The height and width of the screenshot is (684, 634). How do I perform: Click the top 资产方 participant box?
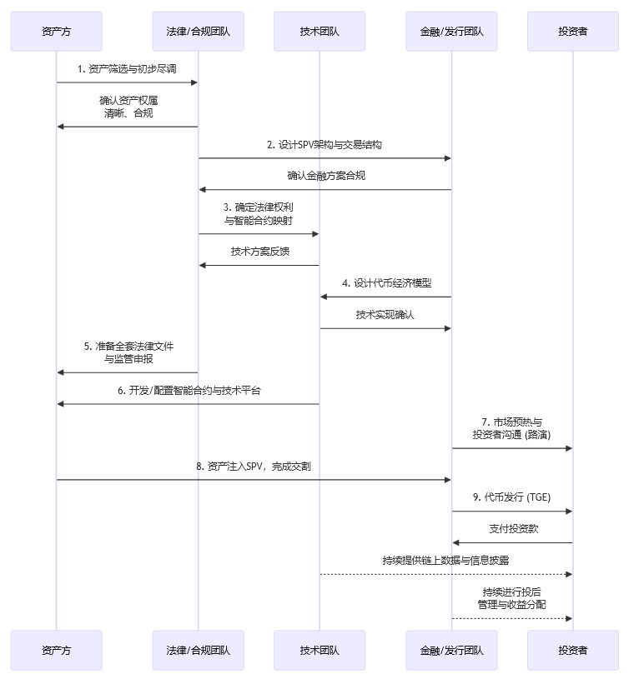(x=56, y=32)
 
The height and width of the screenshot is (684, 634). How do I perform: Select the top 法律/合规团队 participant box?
(x=198, y=32)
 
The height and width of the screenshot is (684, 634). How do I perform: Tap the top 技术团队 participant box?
(x=319, y=32)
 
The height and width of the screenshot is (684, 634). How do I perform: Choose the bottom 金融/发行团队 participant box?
(x=451, y=650)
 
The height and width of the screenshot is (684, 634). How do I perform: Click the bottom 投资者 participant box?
(x=572, y=650)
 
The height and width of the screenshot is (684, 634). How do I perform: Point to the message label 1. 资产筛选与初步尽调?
(x=127, y=69)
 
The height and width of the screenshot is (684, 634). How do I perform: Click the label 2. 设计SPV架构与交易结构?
(x=325, y=145)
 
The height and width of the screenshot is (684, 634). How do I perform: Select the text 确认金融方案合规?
(x=325, y=176)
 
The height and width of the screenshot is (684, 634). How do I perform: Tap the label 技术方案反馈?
(x=259, y=251)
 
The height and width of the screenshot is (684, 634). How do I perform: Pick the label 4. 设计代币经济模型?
(x=386, y=282)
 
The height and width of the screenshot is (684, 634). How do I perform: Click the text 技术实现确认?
(x=385, y=315)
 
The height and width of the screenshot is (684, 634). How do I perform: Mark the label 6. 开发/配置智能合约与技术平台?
(x=189, y=390)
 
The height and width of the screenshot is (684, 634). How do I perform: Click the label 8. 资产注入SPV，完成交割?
(x=254, y=466)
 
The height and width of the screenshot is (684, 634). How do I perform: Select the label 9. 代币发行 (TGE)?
(x=512, y=497)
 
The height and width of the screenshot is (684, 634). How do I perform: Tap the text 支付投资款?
(x=512, y=529)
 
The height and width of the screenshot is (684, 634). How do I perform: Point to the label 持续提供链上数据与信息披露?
(x=445, y=561)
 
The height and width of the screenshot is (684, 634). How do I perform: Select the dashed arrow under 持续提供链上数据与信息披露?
(x=445, y=574)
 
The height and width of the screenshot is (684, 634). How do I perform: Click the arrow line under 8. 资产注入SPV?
(x=254, y=479)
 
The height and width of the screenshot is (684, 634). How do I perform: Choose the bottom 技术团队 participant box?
(x=319, y=650)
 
